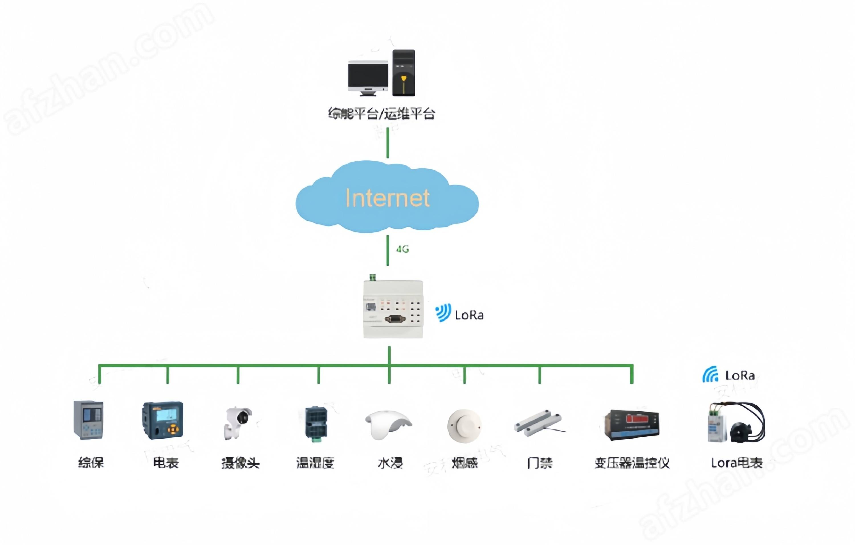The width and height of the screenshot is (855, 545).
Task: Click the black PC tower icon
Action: click(x=404, y=73)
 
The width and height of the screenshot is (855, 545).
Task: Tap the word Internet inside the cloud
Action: click(x=387, y=198)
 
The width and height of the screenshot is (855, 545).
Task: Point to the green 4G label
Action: click(x=403, y=249)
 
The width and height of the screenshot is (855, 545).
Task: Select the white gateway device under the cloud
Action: click(x=393, y=309)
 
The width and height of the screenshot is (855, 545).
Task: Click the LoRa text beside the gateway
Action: click(x=469, y=315)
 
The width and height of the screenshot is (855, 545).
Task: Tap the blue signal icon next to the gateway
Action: click(x=443, y=313)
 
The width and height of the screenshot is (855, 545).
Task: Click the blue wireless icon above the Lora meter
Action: click(x=710, y=375)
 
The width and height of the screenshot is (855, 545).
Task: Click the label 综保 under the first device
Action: click(x=91, y=463)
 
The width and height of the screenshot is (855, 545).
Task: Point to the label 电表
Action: click(x=166, y=463)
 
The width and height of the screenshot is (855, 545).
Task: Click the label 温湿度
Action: click(x=315, y=463)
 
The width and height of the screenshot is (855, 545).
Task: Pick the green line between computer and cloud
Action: click(x=388, y=143)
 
